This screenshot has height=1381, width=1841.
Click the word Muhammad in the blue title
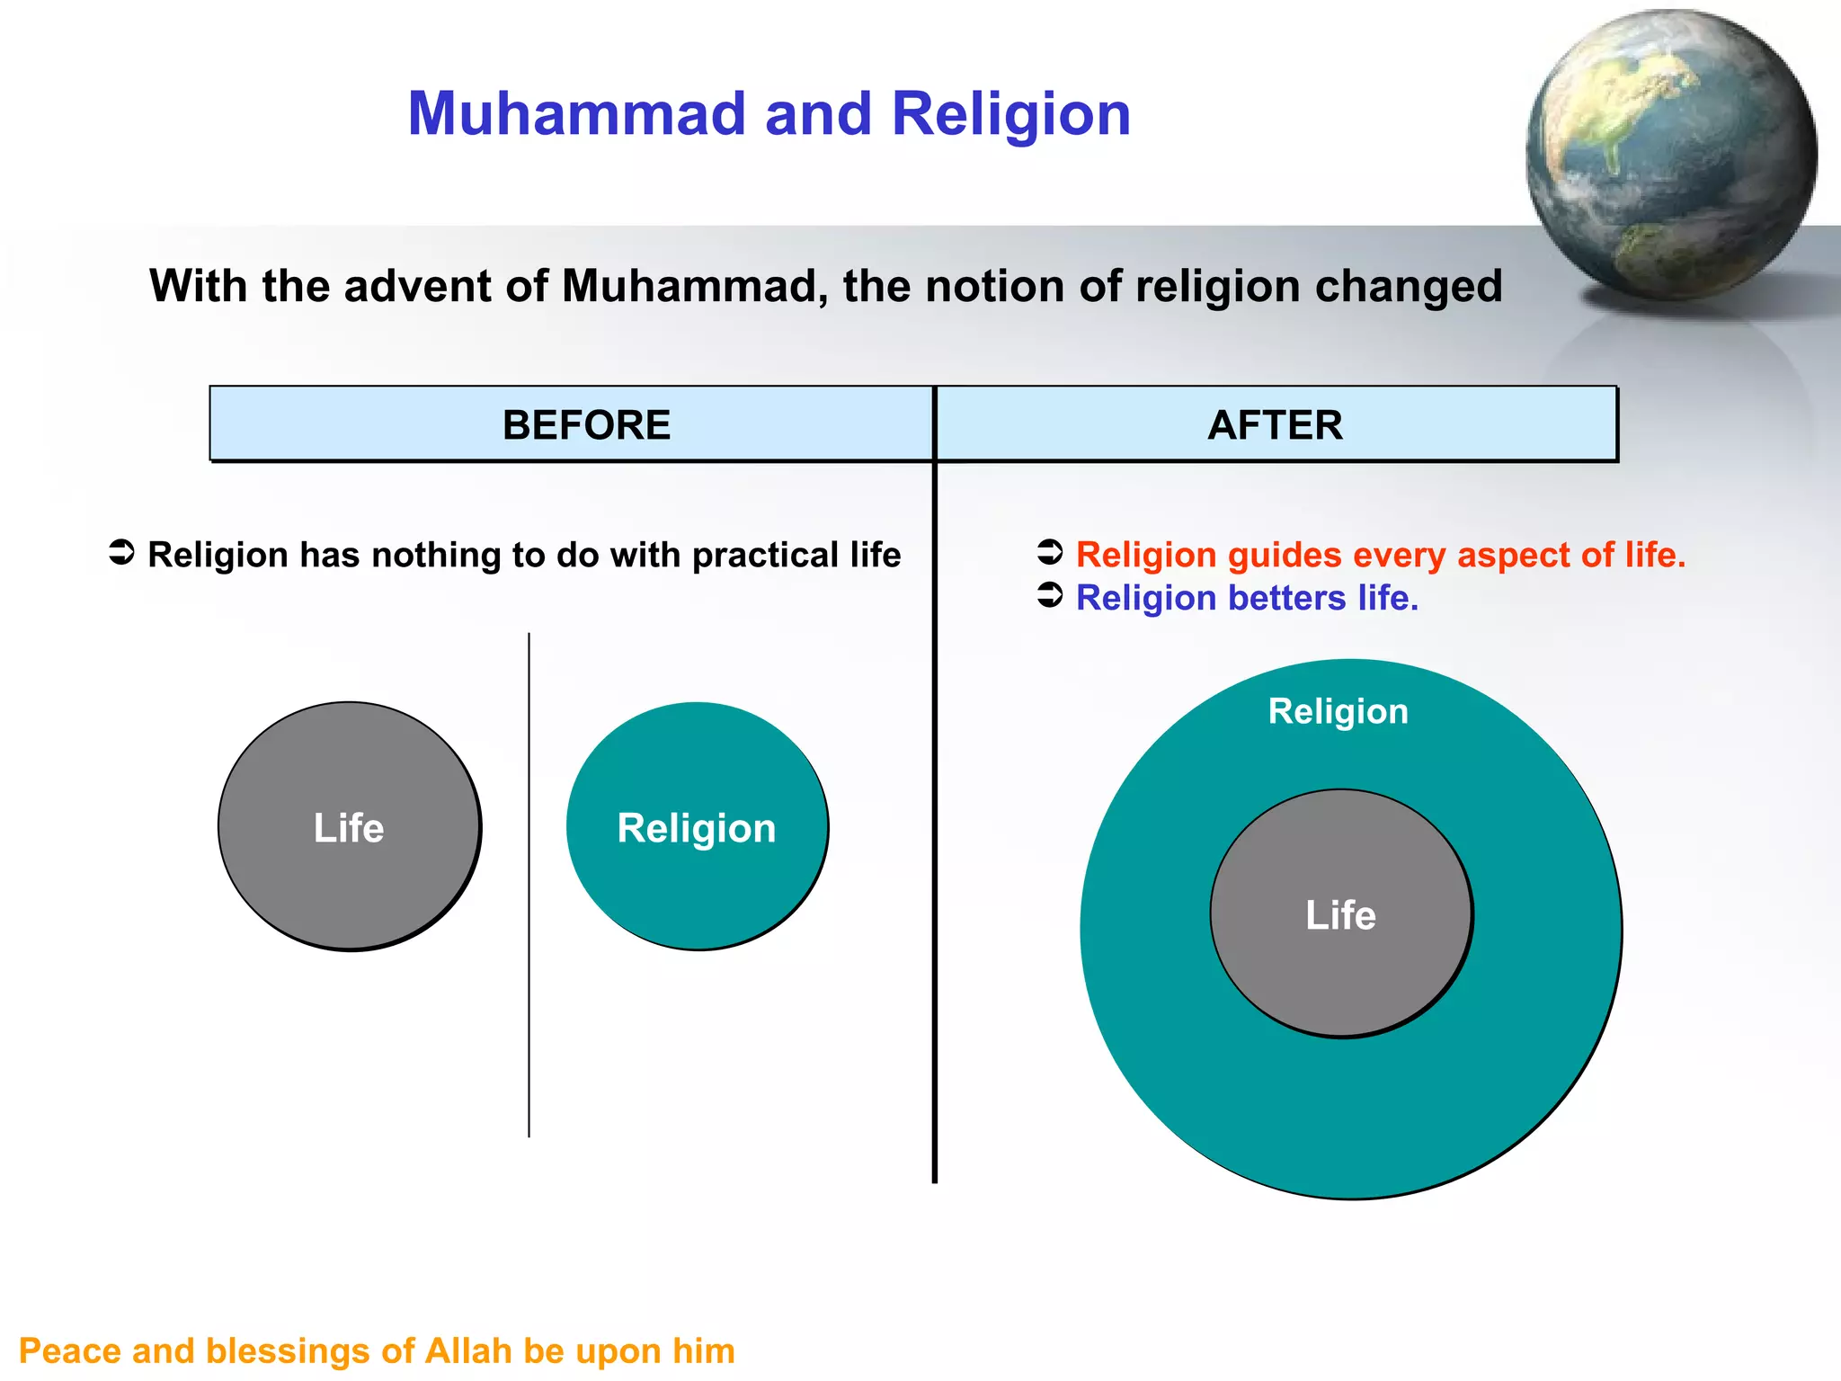[x=577, y=114]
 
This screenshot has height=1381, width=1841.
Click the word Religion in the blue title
[x=1010, y=114]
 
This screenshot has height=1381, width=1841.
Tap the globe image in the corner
[x=1670, y=155]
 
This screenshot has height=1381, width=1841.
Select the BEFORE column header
[x=586, y=424]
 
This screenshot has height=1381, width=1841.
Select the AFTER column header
[x=1275, y=424]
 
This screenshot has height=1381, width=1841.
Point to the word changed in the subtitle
[x=1408, y=286]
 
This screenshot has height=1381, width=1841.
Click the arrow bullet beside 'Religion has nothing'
[x=121, y=553]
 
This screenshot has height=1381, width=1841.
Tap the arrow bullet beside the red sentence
[x=1050, y=552]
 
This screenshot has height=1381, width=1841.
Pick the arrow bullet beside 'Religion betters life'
[x=1050, y=595]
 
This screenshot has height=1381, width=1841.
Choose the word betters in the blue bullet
[x=1286, y=598]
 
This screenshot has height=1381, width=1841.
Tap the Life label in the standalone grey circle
[x=349, y=828]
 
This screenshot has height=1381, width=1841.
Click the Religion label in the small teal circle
[x=697, y=828]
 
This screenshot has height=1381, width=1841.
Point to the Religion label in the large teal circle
[x=1338, y=711]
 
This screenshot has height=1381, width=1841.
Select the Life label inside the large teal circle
[x=1340, y=915]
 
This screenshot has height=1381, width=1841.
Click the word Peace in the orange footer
[x=69, y=1351]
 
